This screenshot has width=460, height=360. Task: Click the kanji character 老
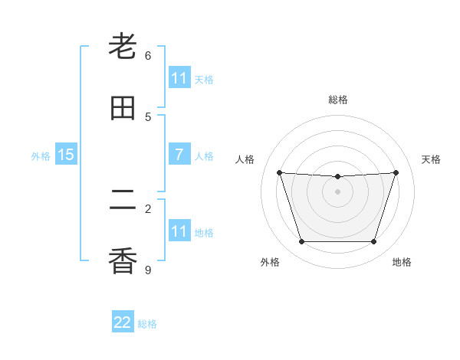123,47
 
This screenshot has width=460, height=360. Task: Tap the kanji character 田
123,108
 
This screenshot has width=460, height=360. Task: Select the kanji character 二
123,200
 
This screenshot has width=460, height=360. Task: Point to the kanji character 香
123,261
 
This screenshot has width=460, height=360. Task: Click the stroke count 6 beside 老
148,55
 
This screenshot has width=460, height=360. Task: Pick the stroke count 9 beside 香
148,270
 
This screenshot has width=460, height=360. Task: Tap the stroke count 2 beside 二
148,208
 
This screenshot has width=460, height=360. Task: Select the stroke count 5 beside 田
148,116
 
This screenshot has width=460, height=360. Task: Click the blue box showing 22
123,322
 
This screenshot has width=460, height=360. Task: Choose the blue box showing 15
66,155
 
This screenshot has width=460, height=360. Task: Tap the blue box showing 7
179,155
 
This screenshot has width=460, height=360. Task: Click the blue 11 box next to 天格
179,78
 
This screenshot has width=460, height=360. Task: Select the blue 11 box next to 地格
179,231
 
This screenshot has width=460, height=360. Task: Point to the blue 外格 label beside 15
41,155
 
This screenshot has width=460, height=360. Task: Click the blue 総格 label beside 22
147,323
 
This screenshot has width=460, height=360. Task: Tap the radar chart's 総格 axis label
337,100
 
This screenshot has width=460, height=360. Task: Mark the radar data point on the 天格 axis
396,172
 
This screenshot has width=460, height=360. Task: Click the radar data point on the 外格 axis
301,242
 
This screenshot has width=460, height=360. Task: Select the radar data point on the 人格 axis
279,172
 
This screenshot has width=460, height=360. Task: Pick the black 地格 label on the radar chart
402,263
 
